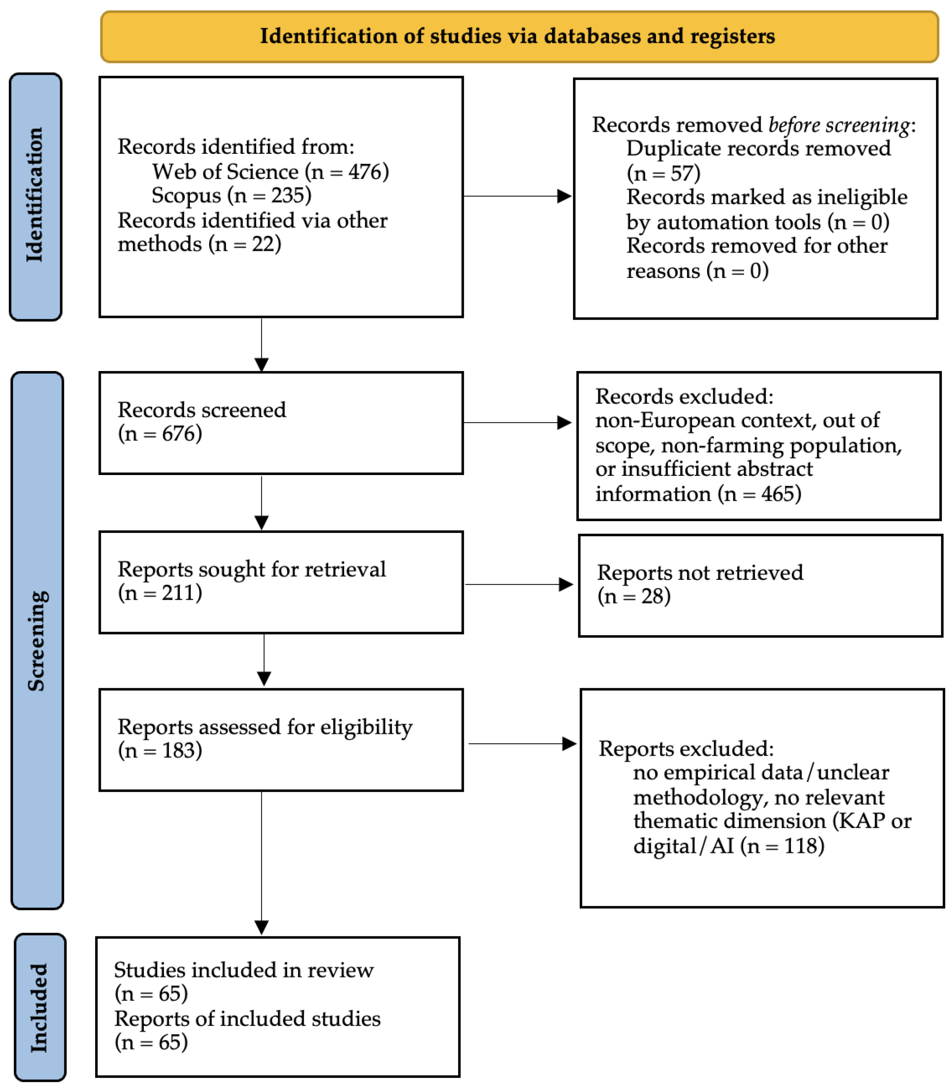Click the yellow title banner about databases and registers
[x=519, y=37]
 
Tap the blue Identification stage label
[x=36, y=196]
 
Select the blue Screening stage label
[x=37, y=640]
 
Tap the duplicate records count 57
[x=682, y=173]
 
